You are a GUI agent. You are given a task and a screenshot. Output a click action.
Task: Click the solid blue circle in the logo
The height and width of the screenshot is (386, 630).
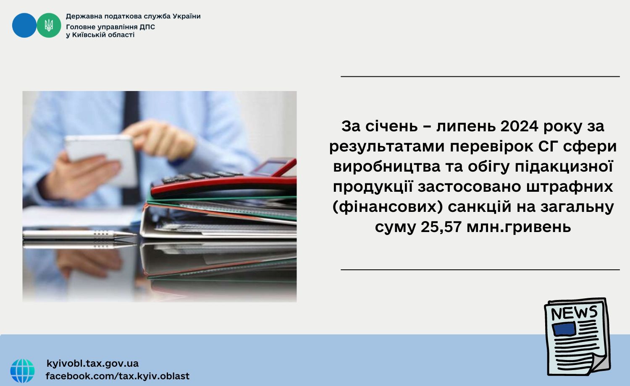(24, 25)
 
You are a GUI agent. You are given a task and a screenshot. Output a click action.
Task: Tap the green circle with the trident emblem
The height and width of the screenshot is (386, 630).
(49, 25)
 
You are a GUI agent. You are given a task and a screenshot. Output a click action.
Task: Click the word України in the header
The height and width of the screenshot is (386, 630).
(186, 16)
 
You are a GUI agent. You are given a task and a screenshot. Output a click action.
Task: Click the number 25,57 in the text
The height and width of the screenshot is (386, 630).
(441, 227)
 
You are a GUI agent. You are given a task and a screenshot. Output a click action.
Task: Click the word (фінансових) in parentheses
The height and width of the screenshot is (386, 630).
(388, 207)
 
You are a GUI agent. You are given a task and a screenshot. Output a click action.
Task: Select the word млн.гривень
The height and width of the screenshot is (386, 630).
(519, 227)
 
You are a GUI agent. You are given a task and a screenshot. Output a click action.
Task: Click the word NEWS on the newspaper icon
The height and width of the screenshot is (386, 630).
(574, 313)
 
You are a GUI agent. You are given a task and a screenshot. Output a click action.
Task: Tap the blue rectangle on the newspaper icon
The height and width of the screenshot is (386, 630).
(564, 329)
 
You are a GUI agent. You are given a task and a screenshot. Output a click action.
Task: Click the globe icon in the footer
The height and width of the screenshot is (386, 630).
(23, 371)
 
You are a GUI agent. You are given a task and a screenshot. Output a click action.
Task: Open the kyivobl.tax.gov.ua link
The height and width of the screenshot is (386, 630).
(92, 363)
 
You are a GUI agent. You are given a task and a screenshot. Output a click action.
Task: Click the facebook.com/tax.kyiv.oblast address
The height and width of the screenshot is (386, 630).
(118, 376)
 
